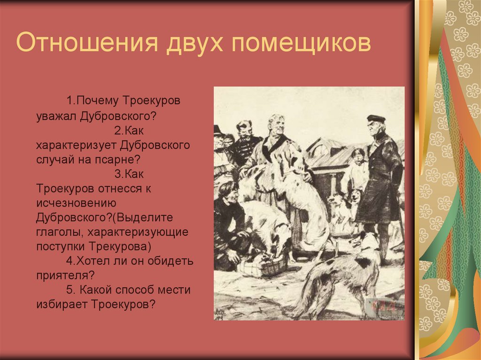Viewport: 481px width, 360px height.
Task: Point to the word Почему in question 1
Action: (x=99, y=100)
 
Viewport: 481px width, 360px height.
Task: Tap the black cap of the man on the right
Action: (x=376, y=119)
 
